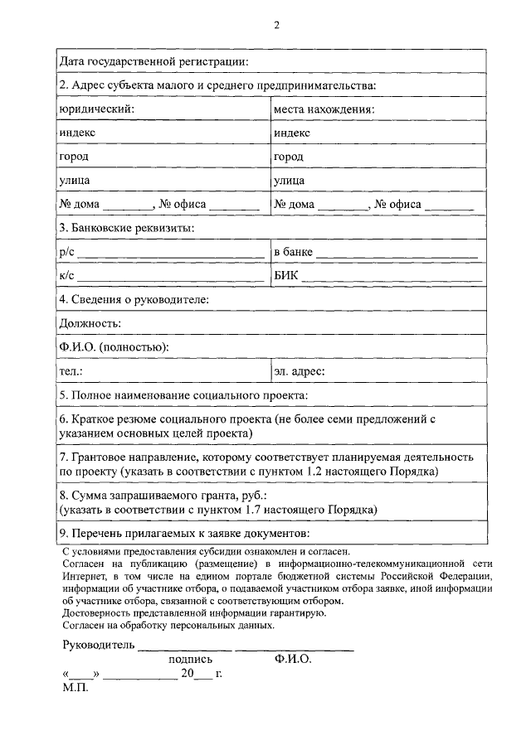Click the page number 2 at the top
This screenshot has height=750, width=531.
tap(277, 25)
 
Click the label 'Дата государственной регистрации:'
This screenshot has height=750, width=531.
tap(153, 61)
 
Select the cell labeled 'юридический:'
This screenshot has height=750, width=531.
tap(96, 109)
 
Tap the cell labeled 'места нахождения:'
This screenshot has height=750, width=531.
tap(324, 109)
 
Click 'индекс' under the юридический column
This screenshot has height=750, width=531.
tap(77, 133)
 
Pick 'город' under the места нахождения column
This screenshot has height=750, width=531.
tap(289, 156)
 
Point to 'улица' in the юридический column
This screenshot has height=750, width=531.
tap(75, 180)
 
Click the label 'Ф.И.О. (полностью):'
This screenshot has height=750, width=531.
tap(114, 347)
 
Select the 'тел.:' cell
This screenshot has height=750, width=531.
tap(71, 371)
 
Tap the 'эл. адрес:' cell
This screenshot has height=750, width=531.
tap(300, 371)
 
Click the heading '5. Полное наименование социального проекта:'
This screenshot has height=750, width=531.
tap(183, 395)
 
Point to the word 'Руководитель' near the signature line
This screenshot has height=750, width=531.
tap(97, 645)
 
